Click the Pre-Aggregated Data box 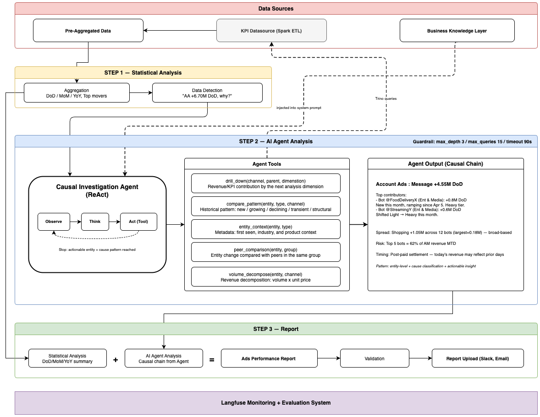[x=88, y=31]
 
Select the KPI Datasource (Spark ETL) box [x=271, y=31]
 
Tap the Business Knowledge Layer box [x=457, y=31]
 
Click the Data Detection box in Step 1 [x=207, y=93]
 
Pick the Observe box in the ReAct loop [x=54, y=222]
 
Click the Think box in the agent [x=95, y=222]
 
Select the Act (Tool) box [x=138, y=222]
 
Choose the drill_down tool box [x=265, y=184]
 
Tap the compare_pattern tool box [x=265, y=206]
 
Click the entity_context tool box [x=265, y=229]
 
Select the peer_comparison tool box [x=265, y=252]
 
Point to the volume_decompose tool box [x=265, y=277]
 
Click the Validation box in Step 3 [x=375, y=358]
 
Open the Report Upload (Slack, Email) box [x=478, y=358]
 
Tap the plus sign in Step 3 [x=116, y=360]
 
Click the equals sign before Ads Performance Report [x=212, y=360]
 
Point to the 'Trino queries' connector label [x=386, y=99]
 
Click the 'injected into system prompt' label [x=298, y=108]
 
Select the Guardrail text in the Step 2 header [x=472, y=141]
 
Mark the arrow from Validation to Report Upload [x=420, y=358]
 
